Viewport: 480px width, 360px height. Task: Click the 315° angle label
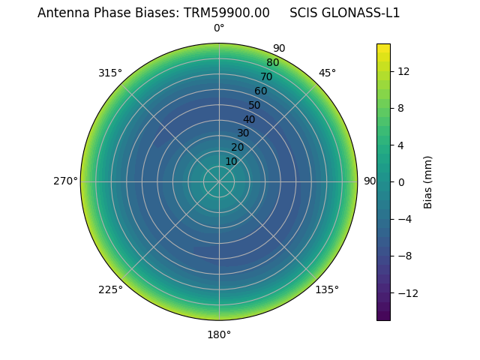(110, 73)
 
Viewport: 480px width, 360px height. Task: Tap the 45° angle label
(327, 73)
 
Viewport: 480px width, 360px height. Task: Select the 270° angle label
(65, 181)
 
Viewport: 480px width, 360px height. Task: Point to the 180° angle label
(219, 334)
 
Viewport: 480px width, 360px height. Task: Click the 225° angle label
(110, 289)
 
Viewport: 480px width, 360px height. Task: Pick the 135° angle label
(327, 289)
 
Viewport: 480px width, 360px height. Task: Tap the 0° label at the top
(219, 28)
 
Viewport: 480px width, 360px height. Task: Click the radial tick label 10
(231, 161)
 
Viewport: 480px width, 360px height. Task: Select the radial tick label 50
(255, 105)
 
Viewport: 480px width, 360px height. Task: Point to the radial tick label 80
(273, 62)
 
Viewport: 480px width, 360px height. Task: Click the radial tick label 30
(243, 133)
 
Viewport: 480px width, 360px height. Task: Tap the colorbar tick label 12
(403, 71)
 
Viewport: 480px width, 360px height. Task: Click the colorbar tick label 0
(401, 182)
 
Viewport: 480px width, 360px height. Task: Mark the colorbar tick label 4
(401, 145)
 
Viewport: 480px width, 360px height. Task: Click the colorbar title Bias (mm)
(428, 182)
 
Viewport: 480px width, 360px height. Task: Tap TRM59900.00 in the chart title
(226, 13)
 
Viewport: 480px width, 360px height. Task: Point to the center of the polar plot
(219, 181)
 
